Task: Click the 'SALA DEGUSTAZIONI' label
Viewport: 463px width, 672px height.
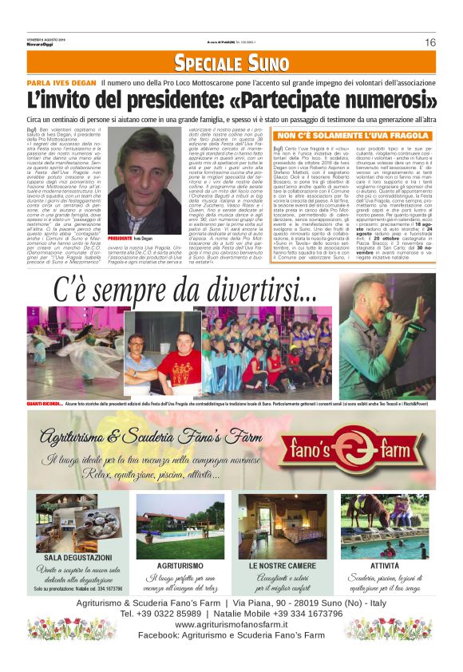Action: pos(77,557)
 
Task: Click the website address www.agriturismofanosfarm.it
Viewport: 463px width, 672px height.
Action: pos(231,624)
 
